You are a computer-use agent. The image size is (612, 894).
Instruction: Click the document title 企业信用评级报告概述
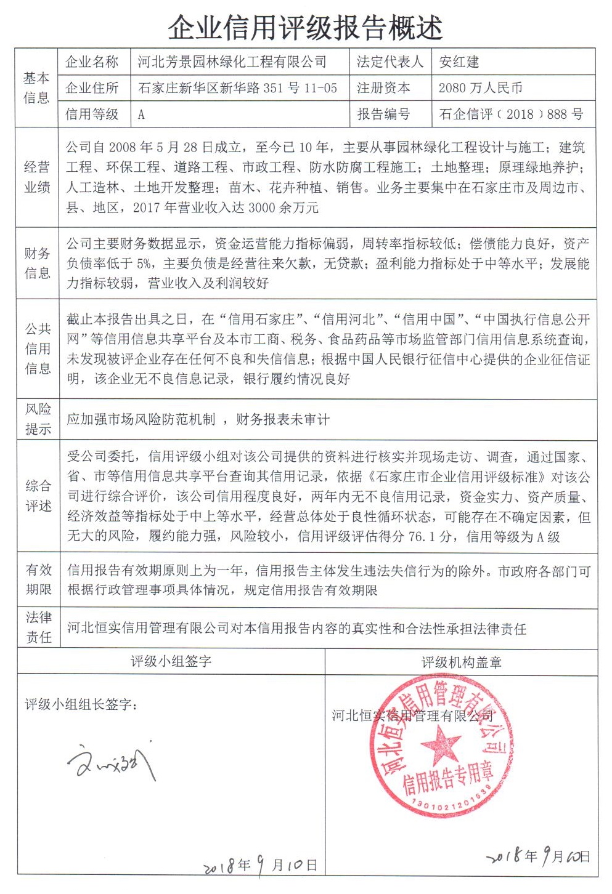[306, 28]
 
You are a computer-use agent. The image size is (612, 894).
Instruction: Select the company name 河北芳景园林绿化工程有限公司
[232, 62]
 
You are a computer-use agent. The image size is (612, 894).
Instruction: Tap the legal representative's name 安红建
[459, 62]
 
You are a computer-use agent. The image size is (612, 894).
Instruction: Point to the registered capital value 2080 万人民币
[480, 88]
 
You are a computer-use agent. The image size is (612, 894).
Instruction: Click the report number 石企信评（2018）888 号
[511, 114]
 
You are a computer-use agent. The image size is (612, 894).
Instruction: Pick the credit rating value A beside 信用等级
[141, 115]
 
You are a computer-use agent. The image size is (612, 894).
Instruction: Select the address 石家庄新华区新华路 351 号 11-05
[238, 88]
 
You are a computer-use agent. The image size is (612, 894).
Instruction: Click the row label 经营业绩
[37, 177]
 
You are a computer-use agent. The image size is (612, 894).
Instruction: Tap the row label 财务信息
[37, 263]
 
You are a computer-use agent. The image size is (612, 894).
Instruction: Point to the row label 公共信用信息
[38, 348]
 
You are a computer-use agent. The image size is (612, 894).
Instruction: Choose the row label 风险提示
[38, 419]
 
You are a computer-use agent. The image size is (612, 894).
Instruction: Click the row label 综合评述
[38, 496]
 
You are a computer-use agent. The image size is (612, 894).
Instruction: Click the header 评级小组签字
[171, 662]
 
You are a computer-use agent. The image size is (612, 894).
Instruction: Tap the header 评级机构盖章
[461, 662]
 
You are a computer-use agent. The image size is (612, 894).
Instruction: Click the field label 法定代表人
[390, 62]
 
